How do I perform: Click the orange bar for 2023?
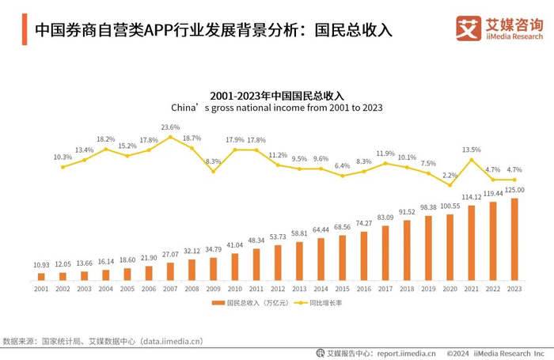514,239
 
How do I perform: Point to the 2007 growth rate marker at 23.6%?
170,137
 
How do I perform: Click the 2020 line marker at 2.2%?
450,185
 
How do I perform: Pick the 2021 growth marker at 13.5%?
471,160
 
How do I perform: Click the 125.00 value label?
514,190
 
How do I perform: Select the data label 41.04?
235,245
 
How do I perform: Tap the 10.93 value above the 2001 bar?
41,264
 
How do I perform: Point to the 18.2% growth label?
105,139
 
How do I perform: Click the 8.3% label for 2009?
213,161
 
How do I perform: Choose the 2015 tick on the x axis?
342,290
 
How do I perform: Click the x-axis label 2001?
41,290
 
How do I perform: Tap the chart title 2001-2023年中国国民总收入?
277,95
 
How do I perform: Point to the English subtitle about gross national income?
277,108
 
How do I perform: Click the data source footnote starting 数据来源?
103,342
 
